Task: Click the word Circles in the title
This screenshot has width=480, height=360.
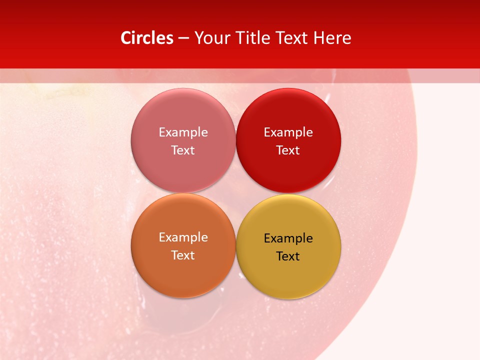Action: tap(146, 38)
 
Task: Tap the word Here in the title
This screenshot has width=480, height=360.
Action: tap(332, 38)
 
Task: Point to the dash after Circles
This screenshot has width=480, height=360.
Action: tap(183, 38)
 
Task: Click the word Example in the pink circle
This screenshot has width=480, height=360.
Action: tap(183, 132)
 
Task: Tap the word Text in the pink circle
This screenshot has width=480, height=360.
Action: tap(183, 150)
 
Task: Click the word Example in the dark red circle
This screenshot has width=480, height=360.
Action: tap(288, 132)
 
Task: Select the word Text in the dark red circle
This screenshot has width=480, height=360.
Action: tap(288, 150)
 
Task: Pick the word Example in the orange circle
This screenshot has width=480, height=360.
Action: tap(183, 237)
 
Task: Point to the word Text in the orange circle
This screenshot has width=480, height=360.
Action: tap(183, 255)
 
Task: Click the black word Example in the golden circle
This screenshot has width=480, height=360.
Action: tap(288, 238)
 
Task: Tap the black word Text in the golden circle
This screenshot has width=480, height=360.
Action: tap(288, 256)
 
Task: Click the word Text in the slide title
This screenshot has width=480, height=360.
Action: tap(292, 38)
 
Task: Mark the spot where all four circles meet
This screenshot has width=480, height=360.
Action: tap(235, 193)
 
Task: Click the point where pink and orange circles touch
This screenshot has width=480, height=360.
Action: tap(183, 193)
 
